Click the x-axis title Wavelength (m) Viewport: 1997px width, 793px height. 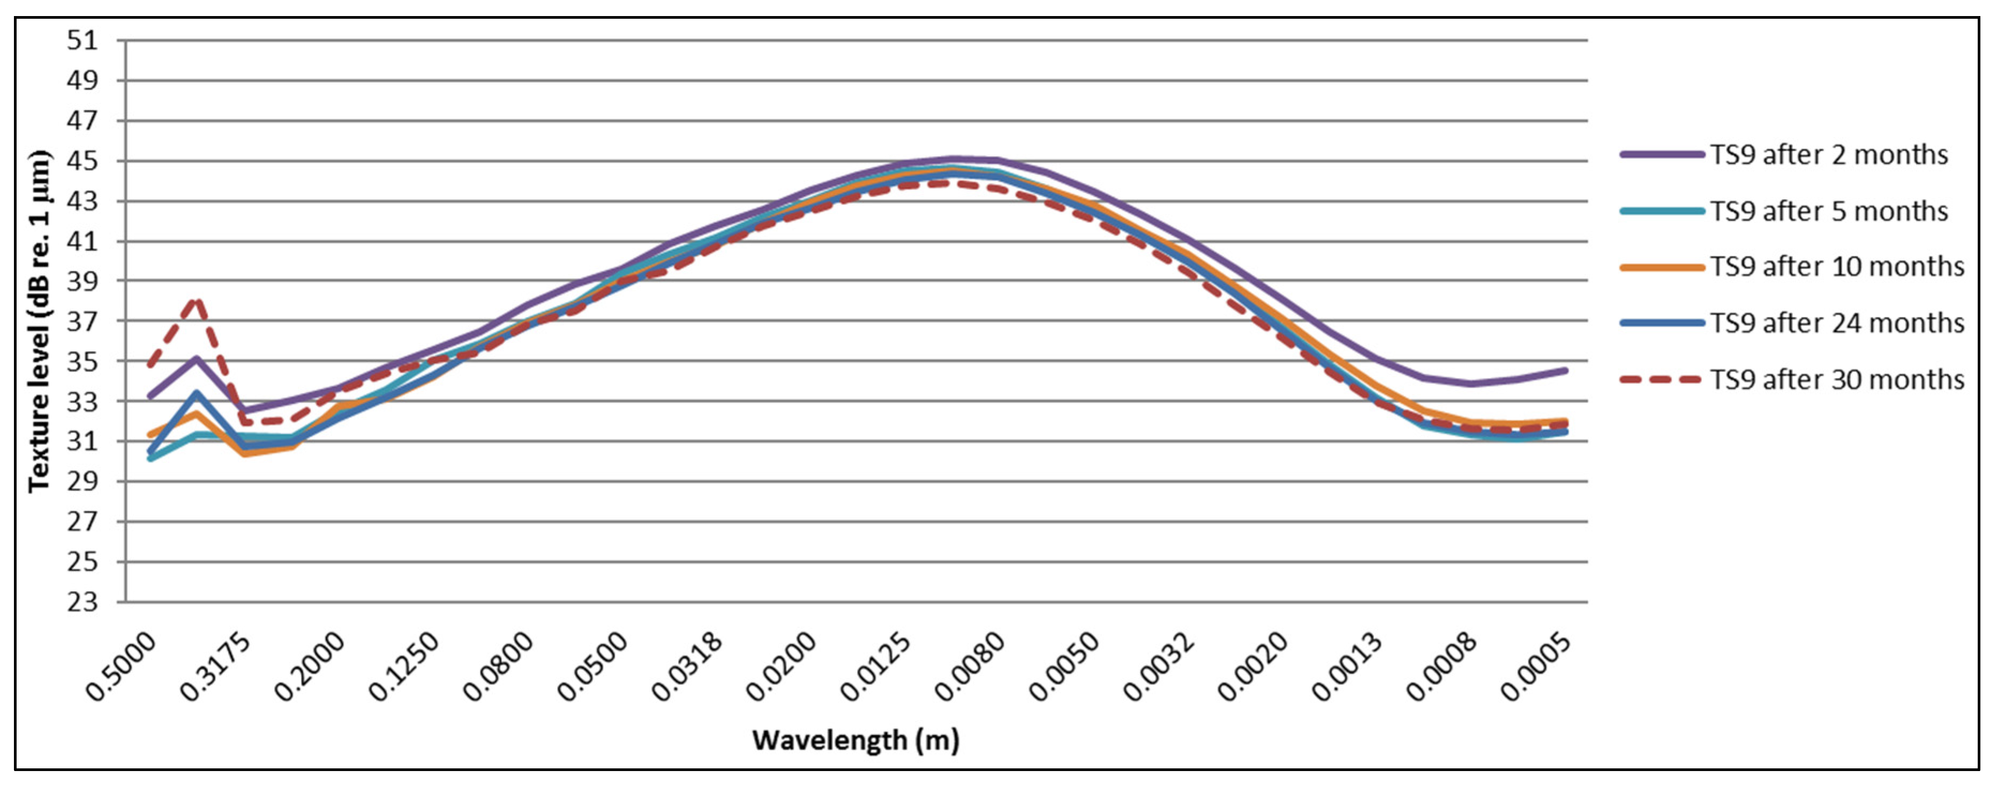tap(856, 741)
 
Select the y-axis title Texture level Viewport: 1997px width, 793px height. tap(39, 321)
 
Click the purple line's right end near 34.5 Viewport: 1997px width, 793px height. tap(1565, 371)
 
